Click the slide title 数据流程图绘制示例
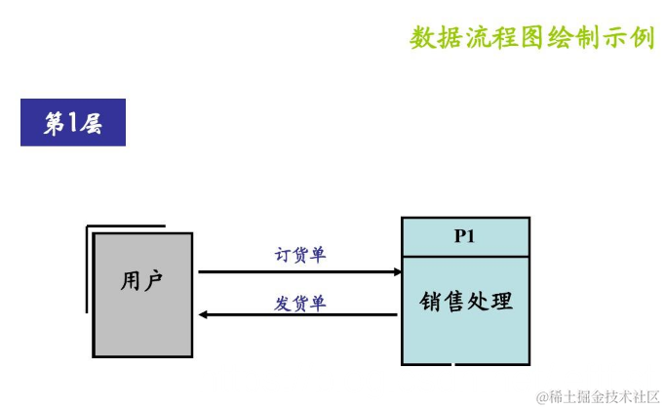(x=531, y=38)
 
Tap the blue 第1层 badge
(x=73, y=124)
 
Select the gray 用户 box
(x=142, y=293)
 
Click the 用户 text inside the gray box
(x=142, y=281)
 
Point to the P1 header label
(x=465, y=236)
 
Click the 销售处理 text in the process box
(x=466, y=301)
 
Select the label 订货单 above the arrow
(x=299, y=256)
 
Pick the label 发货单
(x=299, y=304)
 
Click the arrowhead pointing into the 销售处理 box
(x=397, y=272)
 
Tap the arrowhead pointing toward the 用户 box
(x=204, y=315)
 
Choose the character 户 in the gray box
(x=153, y=281)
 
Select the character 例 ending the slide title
(x=641, y=38)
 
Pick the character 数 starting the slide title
(x=422, y=38)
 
